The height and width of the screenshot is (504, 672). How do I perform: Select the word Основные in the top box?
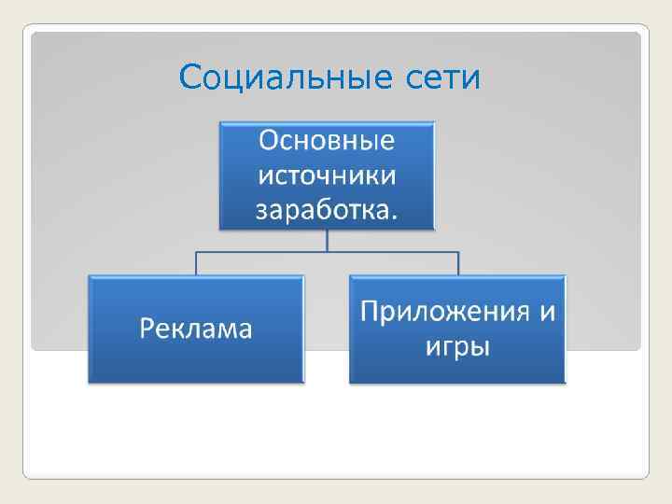[327, 141]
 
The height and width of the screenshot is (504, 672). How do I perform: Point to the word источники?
[327, 175]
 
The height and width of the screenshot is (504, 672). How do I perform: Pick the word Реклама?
[196, 329]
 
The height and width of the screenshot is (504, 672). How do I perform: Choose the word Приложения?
[439, 311]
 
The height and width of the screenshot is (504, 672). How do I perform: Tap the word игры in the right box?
[457, 346]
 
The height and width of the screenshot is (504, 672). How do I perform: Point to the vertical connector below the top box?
[327, 240]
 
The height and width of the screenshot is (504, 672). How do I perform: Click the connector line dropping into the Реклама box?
[196, 262]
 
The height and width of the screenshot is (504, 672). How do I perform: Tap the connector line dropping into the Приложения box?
[457, 262]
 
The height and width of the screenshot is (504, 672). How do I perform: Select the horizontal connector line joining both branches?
[392, 251]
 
